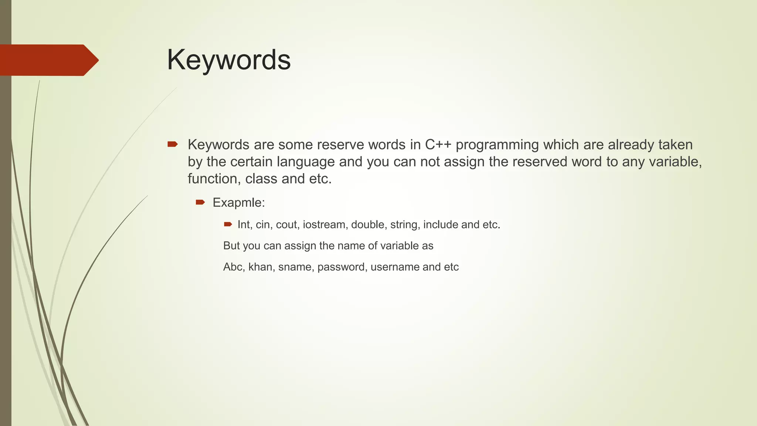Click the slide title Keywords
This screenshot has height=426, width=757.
229,60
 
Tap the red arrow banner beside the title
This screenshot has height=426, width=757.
48,60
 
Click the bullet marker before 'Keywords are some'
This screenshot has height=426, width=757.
172,144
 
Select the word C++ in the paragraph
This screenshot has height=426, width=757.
438,145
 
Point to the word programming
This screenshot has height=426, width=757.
497,145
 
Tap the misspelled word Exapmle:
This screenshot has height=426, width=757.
239,203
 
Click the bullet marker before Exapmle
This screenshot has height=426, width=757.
200,202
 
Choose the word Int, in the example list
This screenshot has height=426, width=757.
245,224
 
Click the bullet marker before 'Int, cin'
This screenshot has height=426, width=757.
228,224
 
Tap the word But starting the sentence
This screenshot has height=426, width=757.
231,246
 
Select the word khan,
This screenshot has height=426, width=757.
261,267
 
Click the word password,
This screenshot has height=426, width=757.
342,267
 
